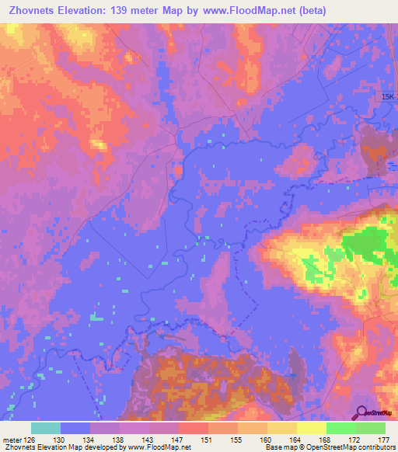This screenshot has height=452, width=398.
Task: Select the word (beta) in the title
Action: [x=310, y=10]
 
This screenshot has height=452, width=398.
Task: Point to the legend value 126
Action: [x=33, y=440]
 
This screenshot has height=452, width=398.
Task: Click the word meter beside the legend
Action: [x=12, y=440]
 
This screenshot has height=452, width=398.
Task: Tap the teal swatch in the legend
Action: [x=46, y=428]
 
